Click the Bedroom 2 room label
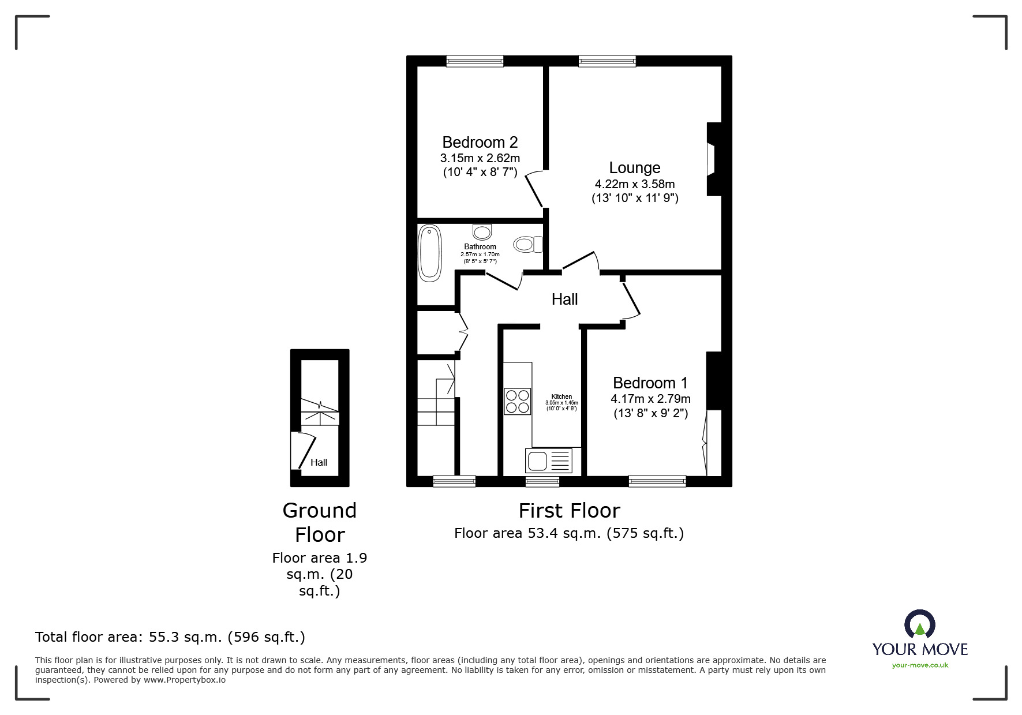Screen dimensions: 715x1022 click(x=480, y=142)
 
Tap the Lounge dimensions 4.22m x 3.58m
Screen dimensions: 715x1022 click(x=634, y=184)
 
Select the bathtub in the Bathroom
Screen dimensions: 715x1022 click(x=429, y=253)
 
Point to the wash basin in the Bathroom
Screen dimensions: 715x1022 click(x=482, y=232)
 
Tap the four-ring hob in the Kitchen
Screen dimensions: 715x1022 click(x=517, y=402)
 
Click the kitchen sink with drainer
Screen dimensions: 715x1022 click(x=548, y=461)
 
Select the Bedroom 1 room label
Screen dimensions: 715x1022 click(x=650, y=383)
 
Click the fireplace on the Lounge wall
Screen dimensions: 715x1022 click(x=712, y=159)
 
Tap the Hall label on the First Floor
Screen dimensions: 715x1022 click(x=564, y=299)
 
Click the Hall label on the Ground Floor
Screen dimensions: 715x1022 click(x=319, y=462)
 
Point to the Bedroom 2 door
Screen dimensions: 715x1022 click(x=534, y=189)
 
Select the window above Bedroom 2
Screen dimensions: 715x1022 click(x=475, y=61)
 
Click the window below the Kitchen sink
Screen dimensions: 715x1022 click(x=542, y=481)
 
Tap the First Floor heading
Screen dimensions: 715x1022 click(x=569, y=511)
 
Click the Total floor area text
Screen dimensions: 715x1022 click(x=170, y=637)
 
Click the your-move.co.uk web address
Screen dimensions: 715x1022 click(x=920, y=665)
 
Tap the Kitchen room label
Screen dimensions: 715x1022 click(x=561, y=396)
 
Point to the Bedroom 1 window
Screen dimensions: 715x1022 click(x=657, y=481)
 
